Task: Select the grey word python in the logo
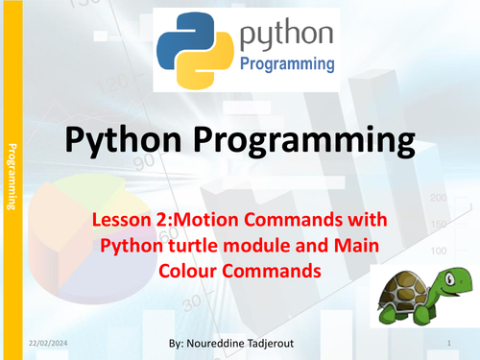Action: pos(286,35)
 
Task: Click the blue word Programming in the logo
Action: pos(287,64)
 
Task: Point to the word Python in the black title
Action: pos(124,140)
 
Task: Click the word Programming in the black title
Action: pos(304,141)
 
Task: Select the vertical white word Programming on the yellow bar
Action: pos(12,177)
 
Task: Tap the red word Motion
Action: pos(205,220)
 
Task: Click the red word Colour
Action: pos(188,271)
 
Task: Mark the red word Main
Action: pos(356,246)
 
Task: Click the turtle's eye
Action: pos(449,279)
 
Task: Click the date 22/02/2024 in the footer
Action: pos(48,344)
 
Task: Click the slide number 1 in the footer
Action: pos(449,343)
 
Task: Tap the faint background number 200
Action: pos(438,198)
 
